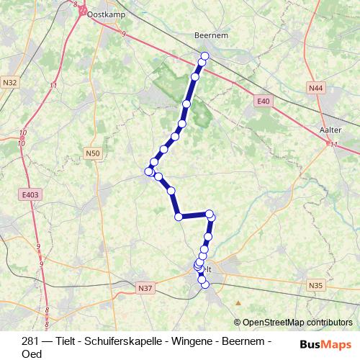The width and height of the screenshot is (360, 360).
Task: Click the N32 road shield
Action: (10, 82)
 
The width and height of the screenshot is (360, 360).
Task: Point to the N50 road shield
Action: (92, 153)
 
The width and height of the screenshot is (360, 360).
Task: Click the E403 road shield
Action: (30, 194)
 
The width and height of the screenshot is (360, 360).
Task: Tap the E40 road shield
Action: (264, 102)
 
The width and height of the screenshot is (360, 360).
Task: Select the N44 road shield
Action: (315, 88)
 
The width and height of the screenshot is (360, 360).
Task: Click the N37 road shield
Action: (145, 288)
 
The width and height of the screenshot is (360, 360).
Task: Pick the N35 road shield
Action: (315, 286)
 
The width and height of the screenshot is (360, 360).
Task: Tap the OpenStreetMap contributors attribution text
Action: (297, 323)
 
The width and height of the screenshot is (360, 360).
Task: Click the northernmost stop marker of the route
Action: (204, 55)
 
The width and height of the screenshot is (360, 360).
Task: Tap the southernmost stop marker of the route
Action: (205, 284)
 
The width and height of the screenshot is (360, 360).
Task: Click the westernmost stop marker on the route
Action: (149, 171)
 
